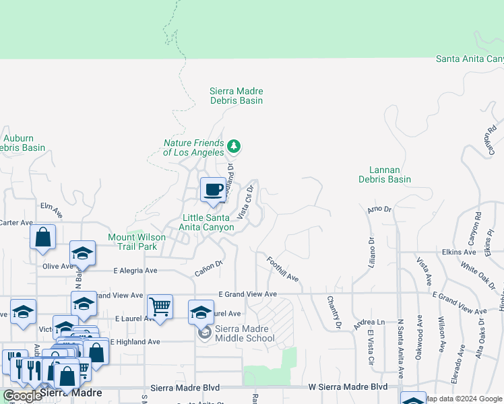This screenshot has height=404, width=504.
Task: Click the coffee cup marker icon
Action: [x=213, y=189]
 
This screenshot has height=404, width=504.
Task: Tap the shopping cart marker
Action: [x=160, y=307]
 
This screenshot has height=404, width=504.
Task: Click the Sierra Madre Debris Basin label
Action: [x=236, y=96]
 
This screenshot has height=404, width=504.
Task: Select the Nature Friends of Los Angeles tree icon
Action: [x=234, y=145]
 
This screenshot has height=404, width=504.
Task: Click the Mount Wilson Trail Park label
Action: [x=132, y=242]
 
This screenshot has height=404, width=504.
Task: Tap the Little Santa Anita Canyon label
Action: [x=209, y=222]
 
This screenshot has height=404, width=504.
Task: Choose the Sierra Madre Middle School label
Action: [x=245, y=333]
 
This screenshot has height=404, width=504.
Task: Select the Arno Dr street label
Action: [x=379, y=210]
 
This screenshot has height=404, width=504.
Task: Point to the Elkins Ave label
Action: [x=460, y=252]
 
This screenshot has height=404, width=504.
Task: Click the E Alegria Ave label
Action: [x=134, y=270]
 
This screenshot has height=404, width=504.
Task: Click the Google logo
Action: [x=22, y=396]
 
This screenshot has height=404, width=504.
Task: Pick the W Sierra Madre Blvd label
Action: [x=348, y=386]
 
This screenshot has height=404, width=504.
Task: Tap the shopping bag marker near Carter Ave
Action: [x=43, y=237]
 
